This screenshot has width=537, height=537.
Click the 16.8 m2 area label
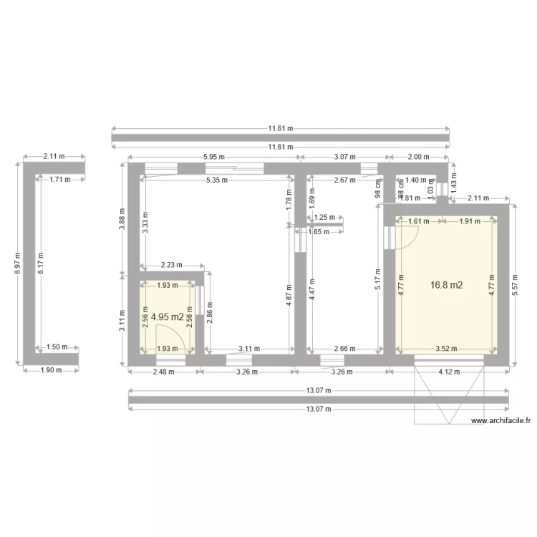[446, 285]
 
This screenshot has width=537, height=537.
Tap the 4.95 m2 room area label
[168, 316]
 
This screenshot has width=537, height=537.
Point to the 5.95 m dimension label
[213, 157]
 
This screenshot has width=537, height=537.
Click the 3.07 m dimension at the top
[344, 157]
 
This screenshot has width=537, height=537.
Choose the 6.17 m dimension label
[42, 262]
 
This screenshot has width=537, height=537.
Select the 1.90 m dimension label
[51, 370]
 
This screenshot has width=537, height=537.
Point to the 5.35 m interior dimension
[213, 180]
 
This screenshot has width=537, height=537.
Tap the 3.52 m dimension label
[446, 349]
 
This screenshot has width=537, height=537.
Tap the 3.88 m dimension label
[122, 216]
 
